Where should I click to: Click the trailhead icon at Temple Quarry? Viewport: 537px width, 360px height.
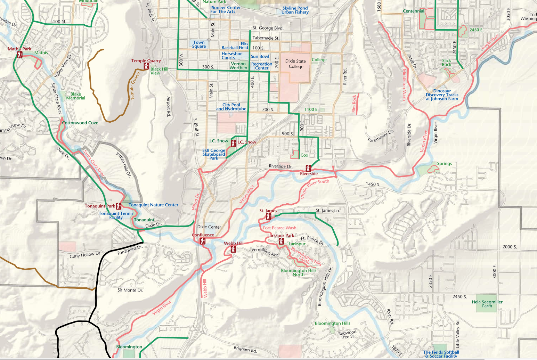coord(146,66)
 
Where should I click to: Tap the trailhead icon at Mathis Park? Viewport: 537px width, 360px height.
coord(20,55)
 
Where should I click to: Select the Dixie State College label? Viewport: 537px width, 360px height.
coord(296,64)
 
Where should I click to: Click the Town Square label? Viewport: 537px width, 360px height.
coord(199,44)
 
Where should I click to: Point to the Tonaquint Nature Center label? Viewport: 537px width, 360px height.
coord(153,205)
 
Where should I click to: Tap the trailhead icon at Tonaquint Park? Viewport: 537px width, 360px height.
coord(119,206)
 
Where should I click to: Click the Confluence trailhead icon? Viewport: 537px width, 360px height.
coord(203,241)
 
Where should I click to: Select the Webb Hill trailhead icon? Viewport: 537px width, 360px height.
coord(233,249)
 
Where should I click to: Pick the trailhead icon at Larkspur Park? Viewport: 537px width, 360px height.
coord(281,242)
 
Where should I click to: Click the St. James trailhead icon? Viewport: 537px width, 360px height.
coord(268,216)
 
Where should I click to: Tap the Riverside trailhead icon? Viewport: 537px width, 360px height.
coord(308,169)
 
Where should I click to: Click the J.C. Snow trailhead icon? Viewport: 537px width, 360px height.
coord(234,143)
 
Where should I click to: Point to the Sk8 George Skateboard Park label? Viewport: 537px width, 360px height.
coord(214,154)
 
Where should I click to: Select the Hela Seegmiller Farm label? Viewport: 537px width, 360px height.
coord(487,304)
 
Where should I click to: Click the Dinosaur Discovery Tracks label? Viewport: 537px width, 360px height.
coord(442,95)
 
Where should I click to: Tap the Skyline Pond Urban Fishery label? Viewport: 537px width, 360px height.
coord(295,10)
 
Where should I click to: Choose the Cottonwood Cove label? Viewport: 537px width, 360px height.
coord(80,123)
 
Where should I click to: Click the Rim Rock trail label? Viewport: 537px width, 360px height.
coord(354,104)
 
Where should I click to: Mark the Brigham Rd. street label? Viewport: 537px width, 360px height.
coord(245,349)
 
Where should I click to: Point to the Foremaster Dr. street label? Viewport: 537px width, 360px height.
coord(381,136)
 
